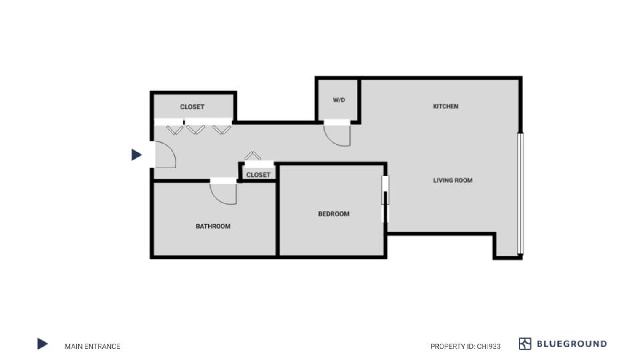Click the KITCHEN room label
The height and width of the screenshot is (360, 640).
click(445, 106)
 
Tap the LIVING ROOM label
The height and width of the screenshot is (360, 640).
click(453, 180)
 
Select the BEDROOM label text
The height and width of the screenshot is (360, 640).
click(334, 214)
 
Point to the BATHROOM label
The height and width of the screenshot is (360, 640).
click(213, 226)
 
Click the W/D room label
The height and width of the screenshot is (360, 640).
click(339, 100)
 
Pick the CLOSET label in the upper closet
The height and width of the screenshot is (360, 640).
click(192, 107)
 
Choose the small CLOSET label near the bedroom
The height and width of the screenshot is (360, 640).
click(258, 175)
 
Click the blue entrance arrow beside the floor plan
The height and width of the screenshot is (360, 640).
click(136, 155)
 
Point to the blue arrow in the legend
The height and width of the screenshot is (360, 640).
click(43, 344)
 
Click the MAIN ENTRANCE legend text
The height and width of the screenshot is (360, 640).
click(92, 346)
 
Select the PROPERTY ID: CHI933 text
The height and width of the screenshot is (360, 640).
click(465, 346)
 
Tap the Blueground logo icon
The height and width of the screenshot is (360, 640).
click(525, 344)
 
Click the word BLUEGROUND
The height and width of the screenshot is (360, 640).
click(572, 344)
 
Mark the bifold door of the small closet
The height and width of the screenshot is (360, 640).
click(253, 156)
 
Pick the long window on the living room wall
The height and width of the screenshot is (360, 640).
click(520, 193)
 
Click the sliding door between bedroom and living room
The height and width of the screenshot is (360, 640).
click(385, 199)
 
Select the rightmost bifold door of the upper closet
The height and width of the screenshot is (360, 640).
click(222, 130)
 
